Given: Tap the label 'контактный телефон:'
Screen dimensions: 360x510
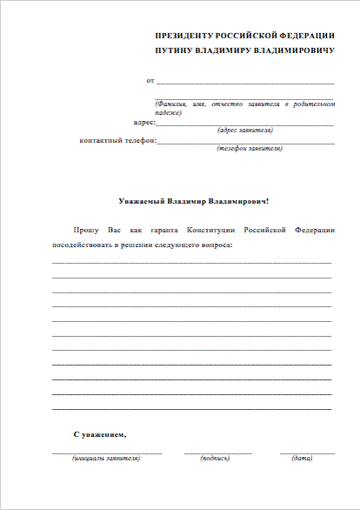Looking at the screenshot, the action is click(118, 140).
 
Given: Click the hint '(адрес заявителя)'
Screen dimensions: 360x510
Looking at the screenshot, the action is click(244, 131).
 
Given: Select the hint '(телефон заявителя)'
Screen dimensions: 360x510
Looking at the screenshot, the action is click(248, 148).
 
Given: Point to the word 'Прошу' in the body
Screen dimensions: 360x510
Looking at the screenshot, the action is click(86, 230).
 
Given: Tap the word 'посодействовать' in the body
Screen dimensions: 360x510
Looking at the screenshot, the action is click(83, 245).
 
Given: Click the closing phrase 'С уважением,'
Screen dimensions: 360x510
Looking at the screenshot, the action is click(99, 433).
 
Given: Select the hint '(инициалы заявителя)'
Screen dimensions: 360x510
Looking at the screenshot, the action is click(106, 458).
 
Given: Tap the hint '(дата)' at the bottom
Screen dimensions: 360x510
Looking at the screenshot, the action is click(302, 458).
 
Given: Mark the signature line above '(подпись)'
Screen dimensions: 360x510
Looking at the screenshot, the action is click(217, 453).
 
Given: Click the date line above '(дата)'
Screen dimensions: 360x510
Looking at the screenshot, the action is click(306, 453).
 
